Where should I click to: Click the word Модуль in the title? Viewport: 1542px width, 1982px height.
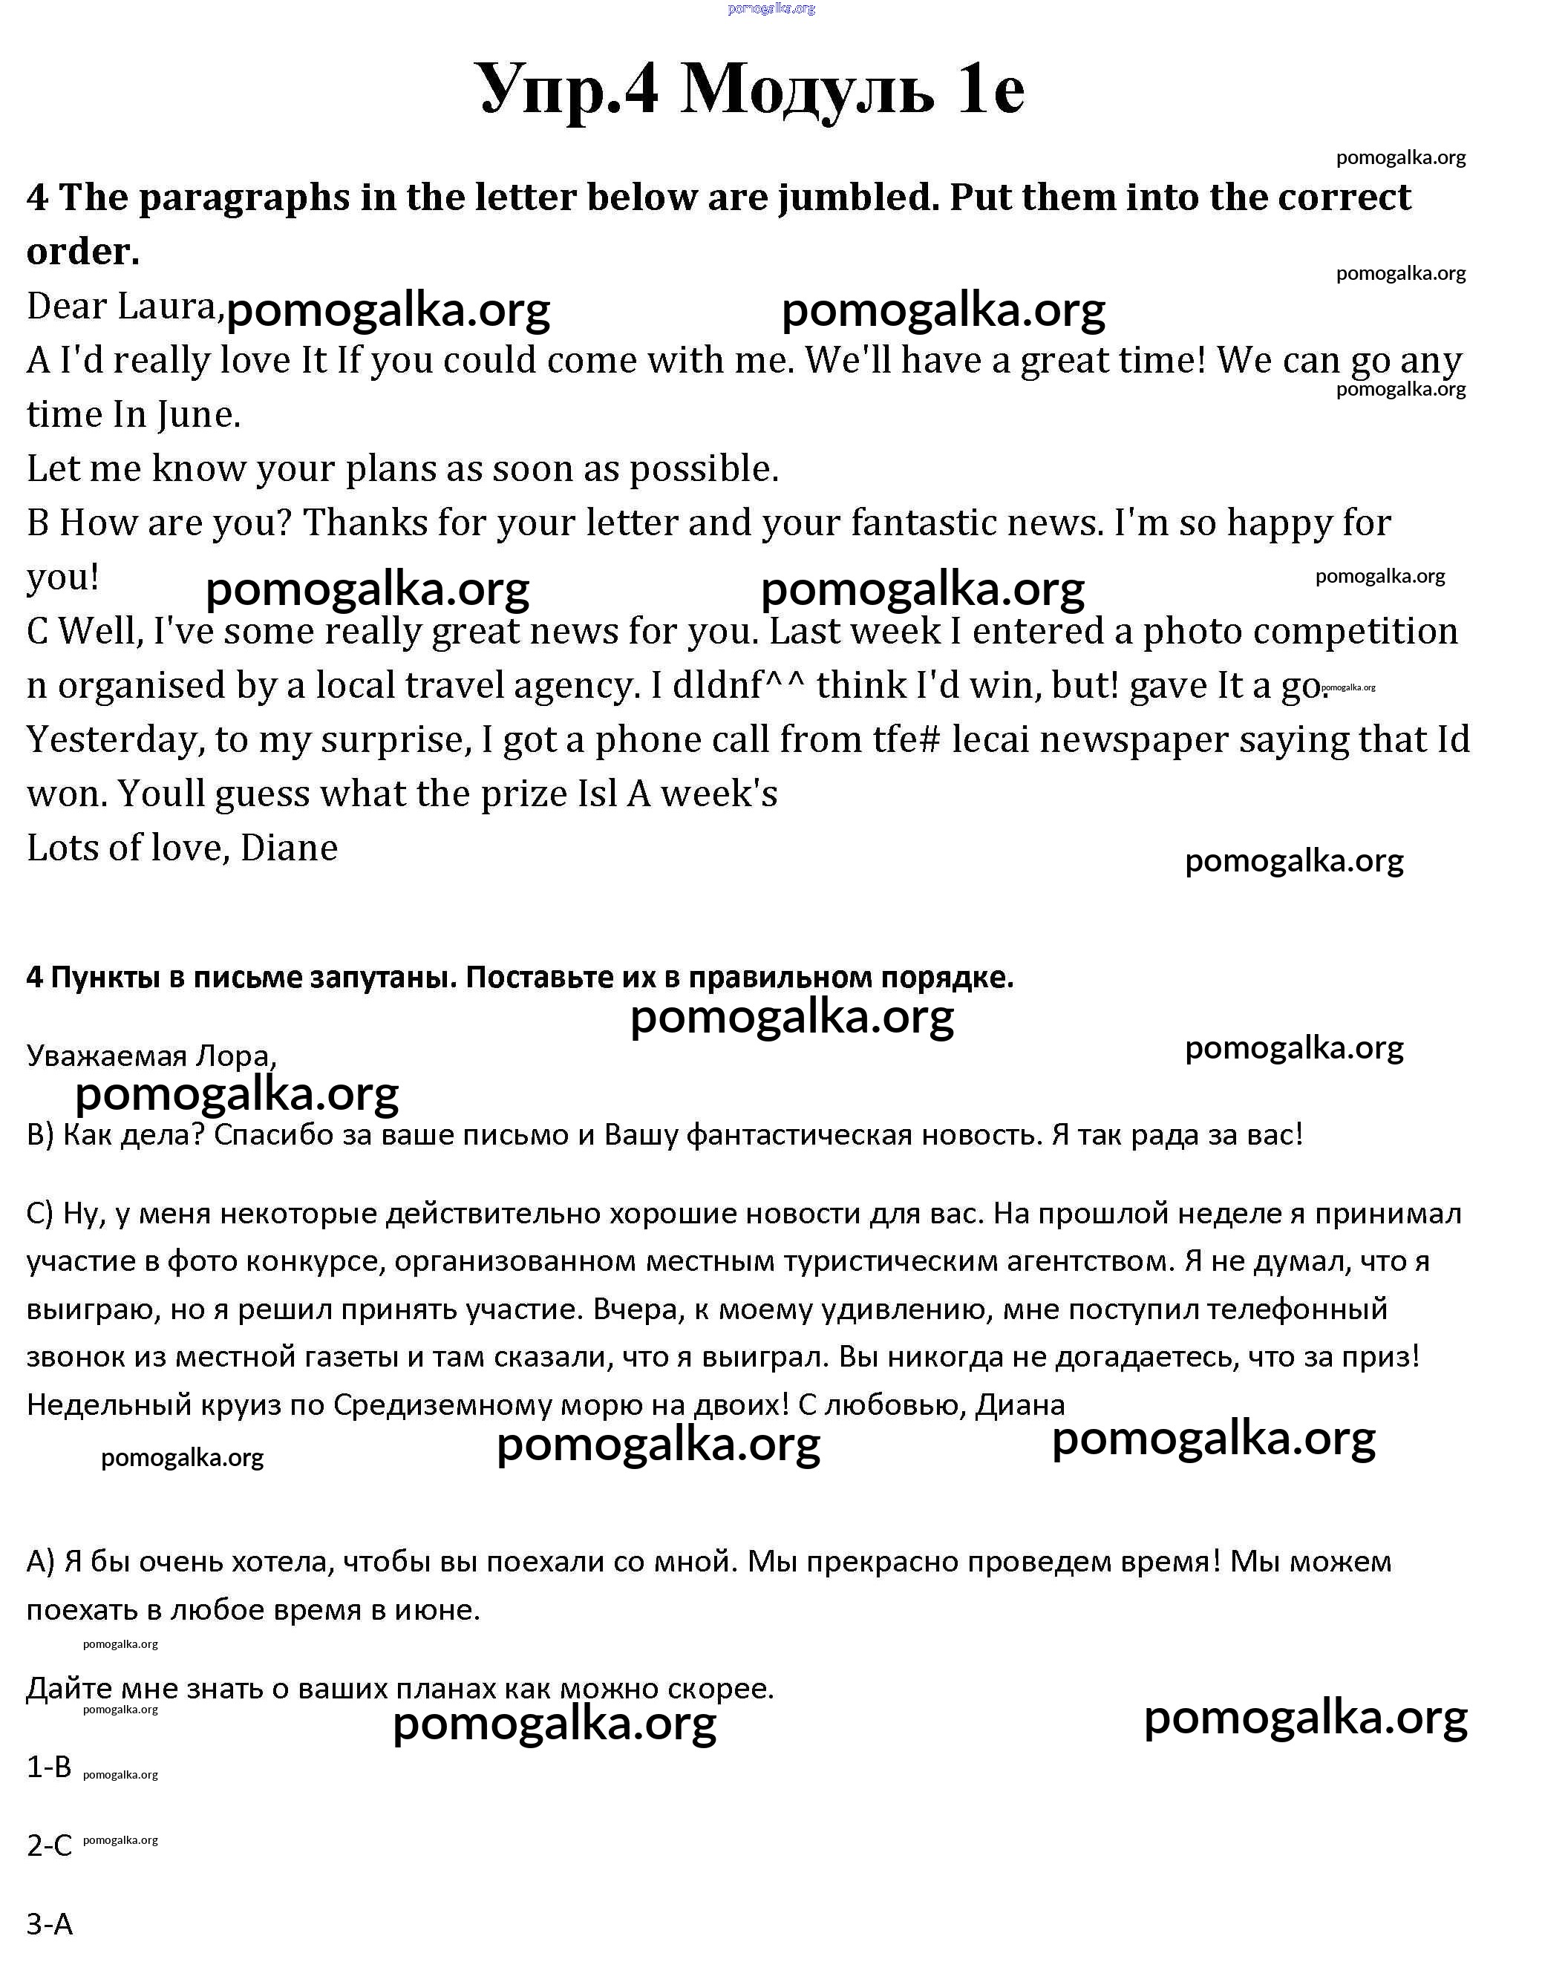pos(807,91)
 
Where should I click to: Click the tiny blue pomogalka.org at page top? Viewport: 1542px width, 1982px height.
pos(771,8)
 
